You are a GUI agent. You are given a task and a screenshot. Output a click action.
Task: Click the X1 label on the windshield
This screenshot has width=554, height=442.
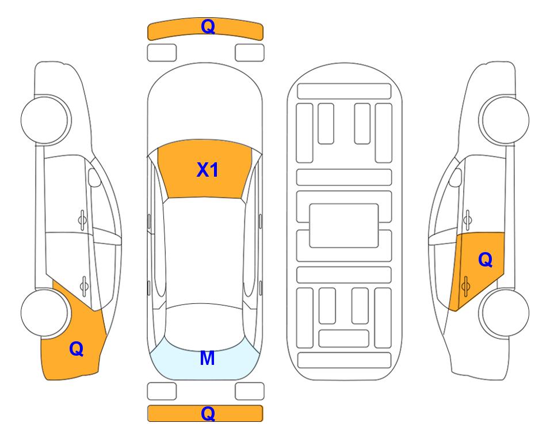click(x=208, y=170)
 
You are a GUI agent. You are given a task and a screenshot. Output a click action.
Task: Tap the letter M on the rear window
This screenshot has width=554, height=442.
click(x=207, y=358)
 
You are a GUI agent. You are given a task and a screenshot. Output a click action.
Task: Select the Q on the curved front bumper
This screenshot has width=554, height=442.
click(x=208, y=26)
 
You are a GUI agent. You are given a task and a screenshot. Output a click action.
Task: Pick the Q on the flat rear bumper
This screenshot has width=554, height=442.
click(x=208, y=413)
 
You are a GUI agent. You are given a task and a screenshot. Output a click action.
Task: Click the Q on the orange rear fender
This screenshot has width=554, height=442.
click(x=77, y=349)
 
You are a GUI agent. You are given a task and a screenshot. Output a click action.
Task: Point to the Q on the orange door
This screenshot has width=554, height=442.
click(x=485, y=260)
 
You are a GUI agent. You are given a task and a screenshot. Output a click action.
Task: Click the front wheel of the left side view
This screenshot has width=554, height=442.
click(x=45, y=120)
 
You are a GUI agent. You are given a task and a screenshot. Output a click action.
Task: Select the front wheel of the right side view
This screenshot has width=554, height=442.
click(x=504, y=120)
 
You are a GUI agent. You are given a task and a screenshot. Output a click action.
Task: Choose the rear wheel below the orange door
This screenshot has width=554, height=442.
click(x=505, y=313)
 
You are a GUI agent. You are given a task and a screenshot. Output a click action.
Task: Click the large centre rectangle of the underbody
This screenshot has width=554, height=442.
click(x=344, y=226)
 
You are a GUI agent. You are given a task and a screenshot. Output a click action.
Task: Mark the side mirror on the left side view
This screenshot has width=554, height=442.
click(x=94, y=177)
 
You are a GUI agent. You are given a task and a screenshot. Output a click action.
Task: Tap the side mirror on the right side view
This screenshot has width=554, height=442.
click(x=455, y=177)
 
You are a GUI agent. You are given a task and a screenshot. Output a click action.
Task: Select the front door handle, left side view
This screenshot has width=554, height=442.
click(x=82, y=220)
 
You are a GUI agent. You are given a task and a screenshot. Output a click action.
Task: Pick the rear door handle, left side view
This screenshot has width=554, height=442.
click(x=84, y=285)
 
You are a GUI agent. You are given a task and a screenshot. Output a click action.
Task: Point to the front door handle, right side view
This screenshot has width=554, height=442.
click(x=467, y=220)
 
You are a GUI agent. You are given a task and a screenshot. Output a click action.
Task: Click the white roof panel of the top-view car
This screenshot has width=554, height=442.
click(x=205, y=251)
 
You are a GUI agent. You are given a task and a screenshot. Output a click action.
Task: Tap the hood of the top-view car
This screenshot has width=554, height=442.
click(x=205, y=106)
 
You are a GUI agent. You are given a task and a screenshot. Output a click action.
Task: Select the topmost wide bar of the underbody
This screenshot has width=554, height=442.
click(x=344, y=92)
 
